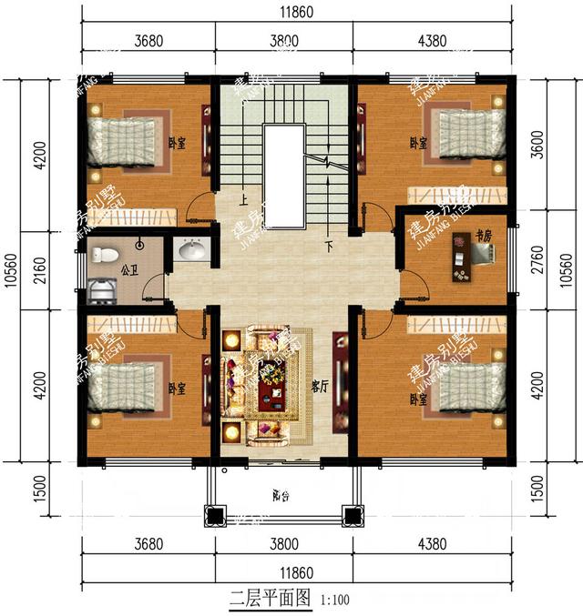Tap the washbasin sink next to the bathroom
(x=191, y=249)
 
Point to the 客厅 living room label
(x=320, y=386)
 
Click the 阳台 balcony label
(x=281, y=497)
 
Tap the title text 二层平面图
(x=271, y=599)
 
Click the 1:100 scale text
(x=333, y=601)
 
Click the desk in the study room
(x=460, y=261)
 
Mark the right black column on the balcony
(x=350, y=516)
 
